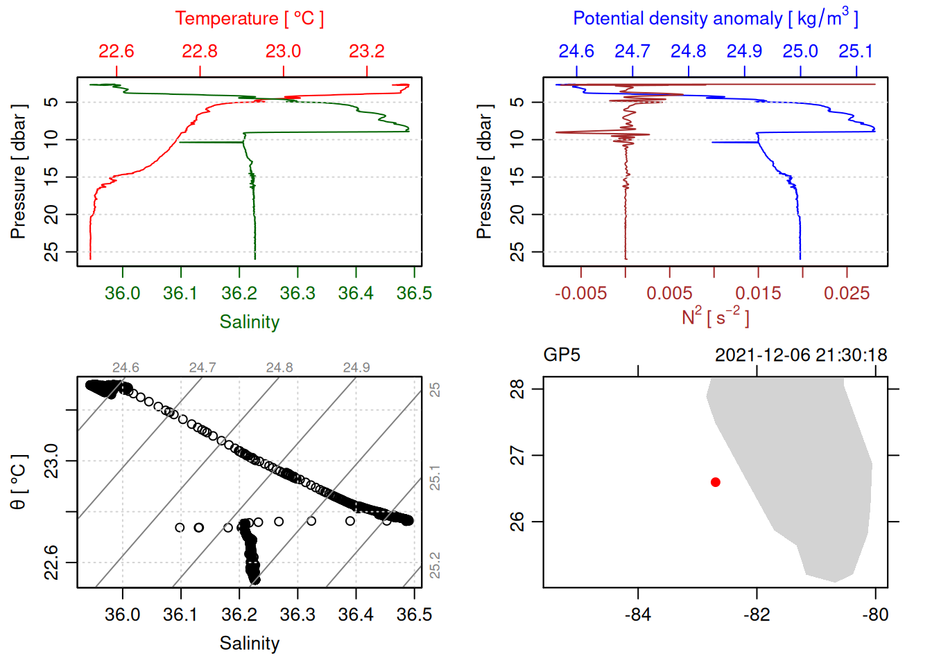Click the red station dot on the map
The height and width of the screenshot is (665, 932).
pyautogui.click(x=716, y=482)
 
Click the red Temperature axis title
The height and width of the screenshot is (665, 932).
pyautogui.click(x=249, y=19)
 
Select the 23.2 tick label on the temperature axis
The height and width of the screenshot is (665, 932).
pyautogui.click(x=367, y=51)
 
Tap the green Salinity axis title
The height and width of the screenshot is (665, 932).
pyautogui.click(x=250, y=322)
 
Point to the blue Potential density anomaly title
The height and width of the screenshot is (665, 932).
pyautogui.click(x=715, y=19)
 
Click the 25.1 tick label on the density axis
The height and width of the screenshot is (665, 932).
pyautogui.click(x=856, y=51)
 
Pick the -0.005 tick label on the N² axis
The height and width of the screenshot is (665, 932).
pyautogui.click(x=580, y=294)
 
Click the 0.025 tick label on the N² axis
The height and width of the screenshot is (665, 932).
pyautogui.click(x=847, y=294)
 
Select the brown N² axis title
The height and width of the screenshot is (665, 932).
pyautogui.click(x=715, y=317)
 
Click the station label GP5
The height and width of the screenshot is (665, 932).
pyautogui.click(x=562, y=355)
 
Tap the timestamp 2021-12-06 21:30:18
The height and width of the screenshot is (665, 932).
pyautogui.click(x=801, y=355)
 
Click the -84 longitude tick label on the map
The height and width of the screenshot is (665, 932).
pyautogui.click(x=638, y=615)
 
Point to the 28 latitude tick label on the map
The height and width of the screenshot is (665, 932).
pyautogui.click(x=517, y=389)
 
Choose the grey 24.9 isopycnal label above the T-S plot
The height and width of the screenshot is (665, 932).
pyautogui.click(x=356, y=368)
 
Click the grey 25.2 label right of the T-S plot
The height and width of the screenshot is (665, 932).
pyautogui.click(x=435, y=565)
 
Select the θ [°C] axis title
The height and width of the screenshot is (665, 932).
pyautogui.click(x=19, y=482)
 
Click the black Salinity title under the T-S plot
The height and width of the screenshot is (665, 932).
pyautogui.click(x=250, y=644)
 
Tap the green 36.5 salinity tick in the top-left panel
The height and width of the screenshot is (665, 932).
pyautogui.click(x=414, y=294)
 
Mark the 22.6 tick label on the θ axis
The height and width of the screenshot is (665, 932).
pyautogui.click(x=51, y=562)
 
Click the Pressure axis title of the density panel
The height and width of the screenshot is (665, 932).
pyautogui.click(x=484, y=172)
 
